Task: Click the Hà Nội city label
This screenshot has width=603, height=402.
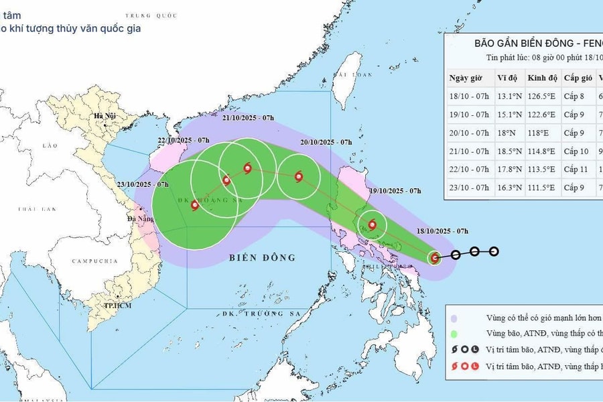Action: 105,116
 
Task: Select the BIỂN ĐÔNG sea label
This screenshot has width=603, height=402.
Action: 261,257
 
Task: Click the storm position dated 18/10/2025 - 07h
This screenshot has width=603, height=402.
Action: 435,257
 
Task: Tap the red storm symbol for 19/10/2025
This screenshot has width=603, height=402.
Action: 372,224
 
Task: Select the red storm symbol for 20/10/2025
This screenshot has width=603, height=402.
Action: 297,176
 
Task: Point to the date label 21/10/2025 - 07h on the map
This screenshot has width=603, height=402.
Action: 248,118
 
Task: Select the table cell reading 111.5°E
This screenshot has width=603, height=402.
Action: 542,188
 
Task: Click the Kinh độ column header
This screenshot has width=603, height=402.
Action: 542,77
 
